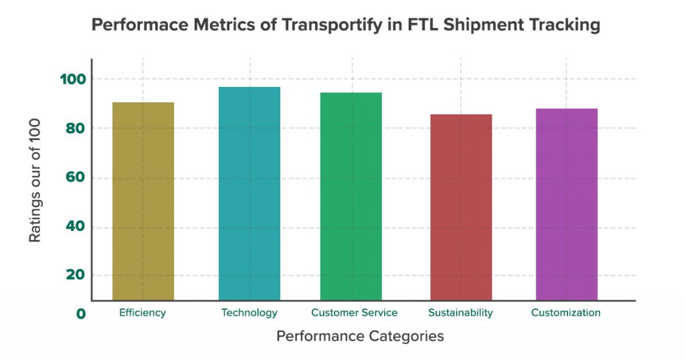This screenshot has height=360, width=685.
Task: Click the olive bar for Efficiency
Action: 143,201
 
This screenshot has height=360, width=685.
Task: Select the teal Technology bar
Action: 250,193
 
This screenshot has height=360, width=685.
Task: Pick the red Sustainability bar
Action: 461,207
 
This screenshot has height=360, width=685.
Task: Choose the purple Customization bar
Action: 567,204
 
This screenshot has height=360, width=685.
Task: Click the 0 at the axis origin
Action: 81,314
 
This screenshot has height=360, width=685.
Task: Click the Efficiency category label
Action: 142,312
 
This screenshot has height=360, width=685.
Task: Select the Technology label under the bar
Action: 249,312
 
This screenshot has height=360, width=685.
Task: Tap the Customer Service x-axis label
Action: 354,312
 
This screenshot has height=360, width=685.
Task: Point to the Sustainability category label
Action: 460,312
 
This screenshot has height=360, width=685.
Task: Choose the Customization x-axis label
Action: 566,312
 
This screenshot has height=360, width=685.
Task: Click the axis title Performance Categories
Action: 360,336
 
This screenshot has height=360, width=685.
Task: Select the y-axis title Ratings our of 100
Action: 35,181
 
